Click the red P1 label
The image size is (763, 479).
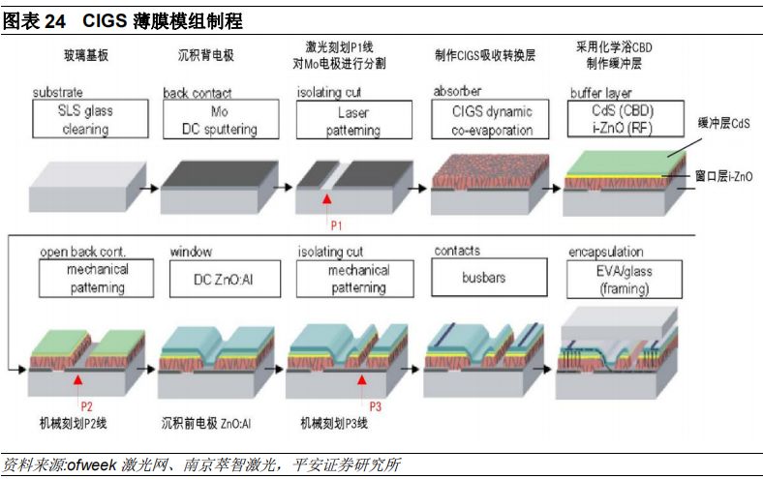coord(337,224)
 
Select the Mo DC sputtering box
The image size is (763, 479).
coord(219,120)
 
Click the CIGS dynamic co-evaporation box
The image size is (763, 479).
coord(492,120)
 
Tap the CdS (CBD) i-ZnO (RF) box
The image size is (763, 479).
coord(626,120)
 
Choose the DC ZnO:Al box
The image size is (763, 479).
coord(219,279)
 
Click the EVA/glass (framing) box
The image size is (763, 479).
coord(626,279)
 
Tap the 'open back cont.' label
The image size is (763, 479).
coord(83,252)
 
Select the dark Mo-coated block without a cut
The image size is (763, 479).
coord(213,182)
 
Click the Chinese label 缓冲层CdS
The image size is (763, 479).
coord(723,124)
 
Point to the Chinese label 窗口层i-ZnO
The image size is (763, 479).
coord(723,176)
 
